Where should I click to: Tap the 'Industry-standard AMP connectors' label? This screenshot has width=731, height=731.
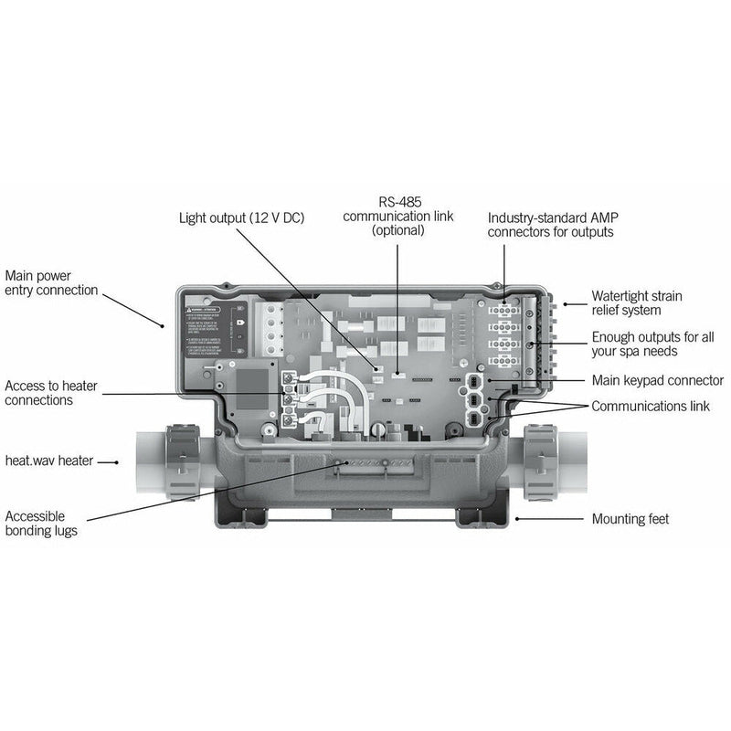pos(550,225)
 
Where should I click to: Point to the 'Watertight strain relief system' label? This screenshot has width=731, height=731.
pos(636,303)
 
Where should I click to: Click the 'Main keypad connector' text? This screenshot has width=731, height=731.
pos(657,380)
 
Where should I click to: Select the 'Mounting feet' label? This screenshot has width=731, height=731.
pos(630,519)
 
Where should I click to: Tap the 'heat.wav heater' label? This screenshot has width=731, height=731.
pos(48,461)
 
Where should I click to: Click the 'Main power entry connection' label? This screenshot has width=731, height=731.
pos(51,282)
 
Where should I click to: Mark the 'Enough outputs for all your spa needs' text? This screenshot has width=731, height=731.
pos(647,344)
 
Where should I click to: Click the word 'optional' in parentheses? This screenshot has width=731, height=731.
pos(397,231)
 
